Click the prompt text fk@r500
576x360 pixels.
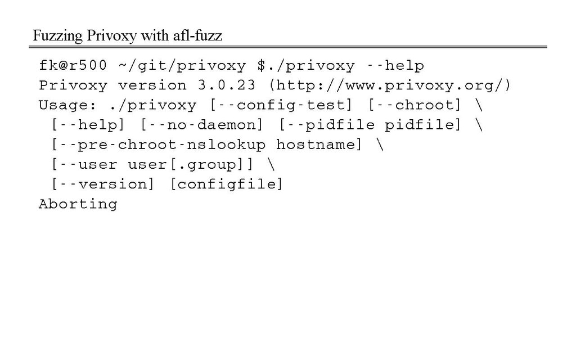point(73,66)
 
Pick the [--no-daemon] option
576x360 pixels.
point(201,125)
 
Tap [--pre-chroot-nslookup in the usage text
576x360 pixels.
point(158,145)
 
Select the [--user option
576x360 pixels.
point(84,164)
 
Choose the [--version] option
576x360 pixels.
point(102,184)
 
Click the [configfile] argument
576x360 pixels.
point(226,184)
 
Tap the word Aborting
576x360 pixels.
point(78,204)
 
